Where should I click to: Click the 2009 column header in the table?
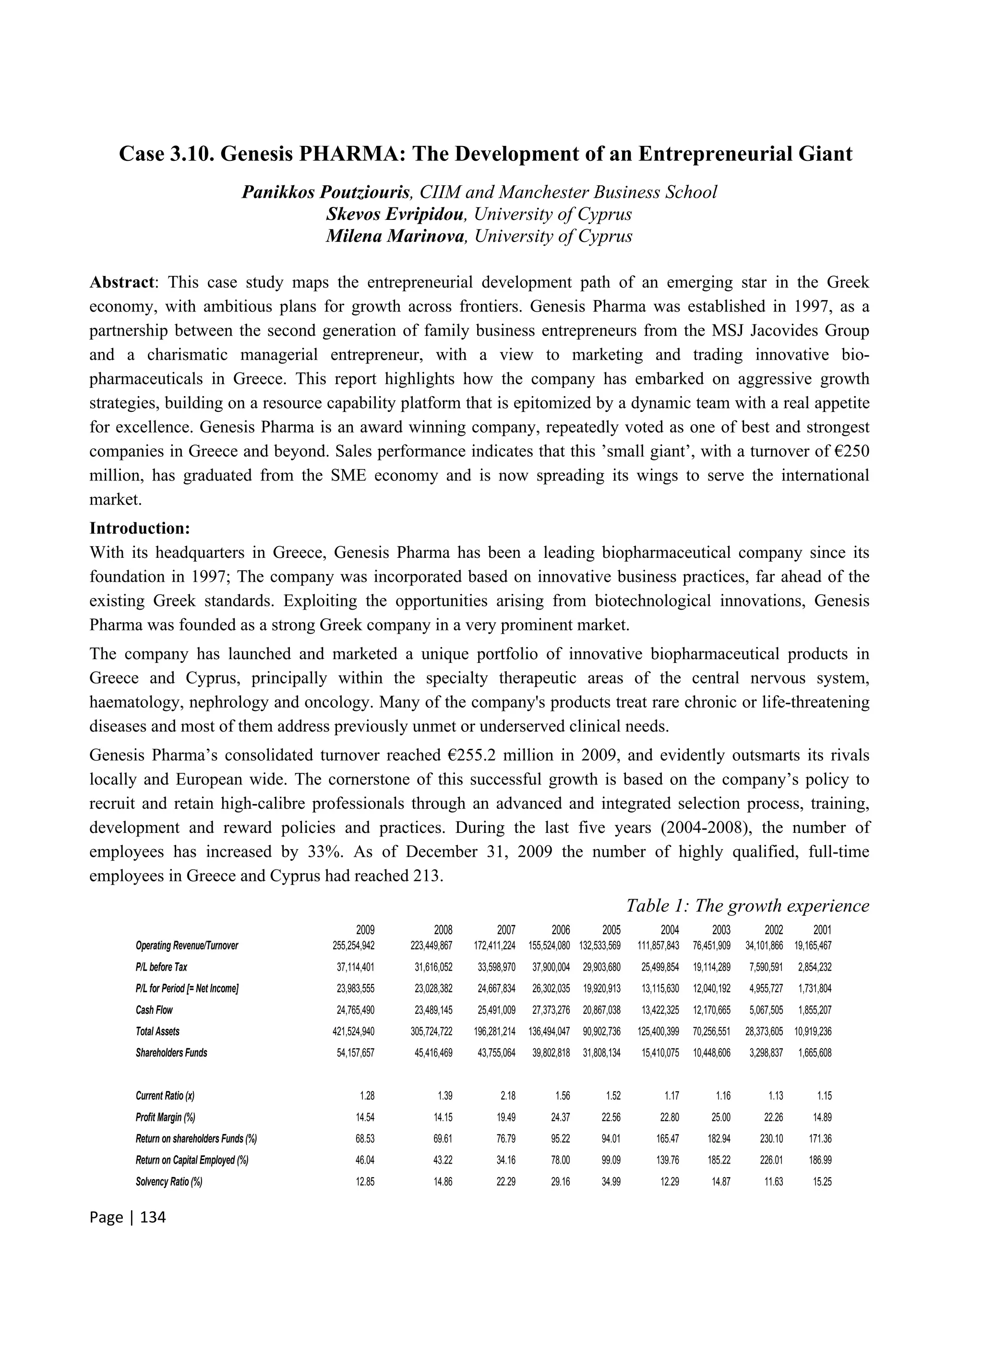click(x=365, y=931)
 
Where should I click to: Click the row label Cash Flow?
click(x=154, y=1010)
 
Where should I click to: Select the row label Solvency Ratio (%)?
click(x=169, y=1182)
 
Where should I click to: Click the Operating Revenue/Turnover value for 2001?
click(x=813, y=946)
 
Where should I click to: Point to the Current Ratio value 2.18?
click(x=507, y=1096)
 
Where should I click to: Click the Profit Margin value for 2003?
click(x=720, y=1118)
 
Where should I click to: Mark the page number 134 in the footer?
click(x=152, y=1217)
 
